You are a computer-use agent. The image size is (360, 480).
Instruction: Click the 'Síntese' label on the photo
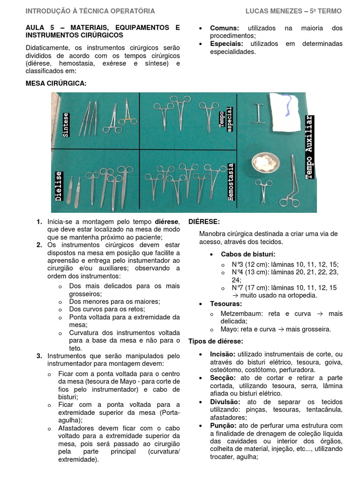coord(66,124)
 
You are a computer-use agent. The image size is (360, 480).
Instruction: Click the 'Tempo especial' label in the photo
coord(226,121)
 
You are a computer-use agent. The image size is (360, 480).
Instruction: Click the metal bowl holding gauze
coord(266,164)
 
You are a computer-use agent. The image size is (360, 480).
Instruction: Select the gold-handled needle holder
coord(127,115)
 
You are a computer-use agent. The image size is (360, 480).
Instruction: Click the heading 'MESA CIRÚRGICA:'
coord(56,83)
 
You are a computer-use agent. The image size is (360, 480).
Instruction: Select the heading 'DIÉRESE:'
coord(204,221)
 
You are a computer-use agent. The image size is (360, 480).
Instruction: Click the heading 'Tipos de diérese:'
coord(216,341)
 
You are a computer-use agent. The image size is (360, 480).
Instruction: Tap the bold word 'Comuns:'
coord(225,28)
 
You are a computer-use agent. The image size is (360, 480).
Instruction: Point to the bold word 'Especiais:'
coord(227,44)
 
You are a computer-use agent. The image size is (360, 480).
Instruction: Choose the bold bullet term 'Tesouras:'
coord(225,304)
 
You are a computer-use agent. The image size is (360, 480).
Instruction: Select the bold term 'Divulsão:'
coord(226,402)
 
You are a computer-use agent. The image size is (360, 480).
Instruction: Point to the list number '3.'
coord(39,356)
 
